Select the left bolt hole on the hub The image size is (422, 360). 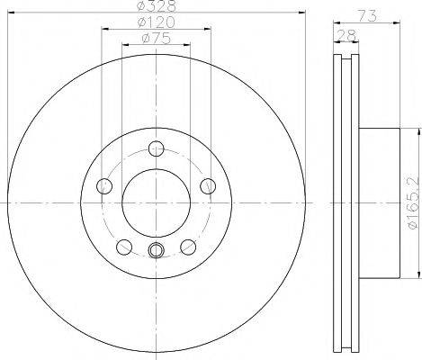coord(104,186)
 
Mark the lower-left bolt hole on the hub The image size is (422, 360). coord(123,246)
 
